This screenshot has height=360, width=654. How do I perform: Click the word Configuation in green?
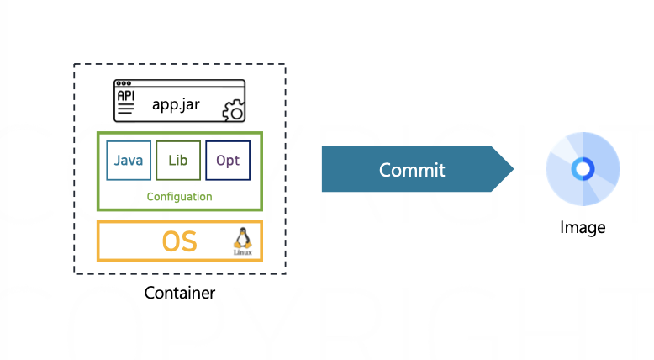pos(179,197)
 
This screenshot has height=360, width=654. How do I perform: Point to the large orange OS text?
pos(179,241)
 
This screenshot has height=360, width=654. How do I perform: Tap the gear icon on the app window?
pos(233,110)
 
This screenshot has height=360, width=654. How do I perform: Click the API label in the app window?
pos(125,97)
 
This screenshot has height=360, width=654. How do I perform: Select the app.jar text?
pos(175,104)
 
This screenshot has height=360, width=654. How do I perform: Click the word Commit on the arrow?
pos(412,169)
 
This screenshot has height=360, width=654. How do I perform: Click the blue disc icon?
pos(582,169)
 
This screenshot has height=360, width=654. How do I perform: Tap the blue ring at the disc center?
pos(582,169)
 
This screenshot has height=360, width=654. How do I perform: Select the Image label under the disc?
pos(582,227)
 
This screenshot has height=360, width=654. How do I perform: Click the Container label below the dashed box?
pos(179,293)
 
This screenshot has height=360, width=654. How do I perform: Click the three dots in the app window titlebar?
pos(124,84)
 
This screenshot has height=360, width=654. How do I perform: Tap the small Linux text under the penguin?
pos(242,251)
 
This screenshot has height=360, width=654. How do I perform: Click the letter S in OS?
pos(189,241)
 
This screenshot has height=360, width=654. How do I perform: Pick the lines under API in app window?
pos(125,111)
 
